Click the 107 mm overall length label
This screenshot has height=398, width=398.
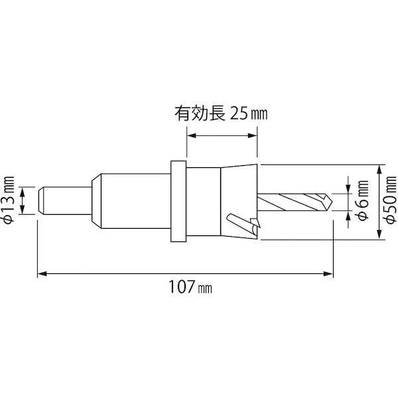[190, 287]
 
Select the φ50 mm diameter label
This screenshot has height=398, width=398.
[391, 200]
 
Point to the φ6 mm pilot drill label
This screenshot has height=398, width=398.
[363, 200]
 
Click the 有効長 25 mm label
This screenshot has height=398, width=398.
[221, 114]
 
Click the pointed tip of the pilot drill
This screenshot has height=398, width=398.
[332, 202]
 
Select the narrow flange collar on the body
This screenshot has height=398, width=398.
[178, 201]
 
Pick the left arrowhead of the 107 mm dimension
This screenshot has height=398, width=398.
[42, 273]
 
